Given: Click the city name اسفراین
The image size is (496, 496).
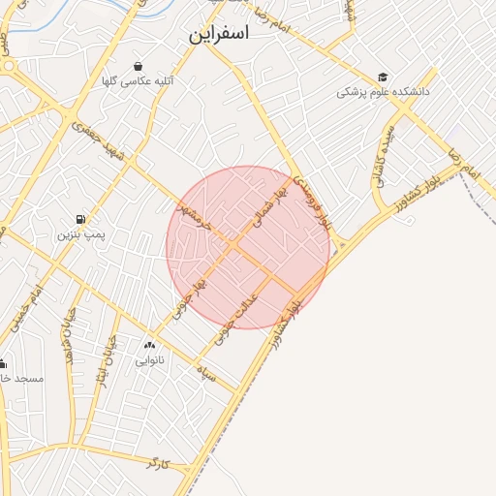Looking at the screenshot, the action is (218, 35).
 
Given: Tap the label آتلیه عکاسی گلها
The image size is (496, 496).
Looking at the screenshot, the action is (142, 81).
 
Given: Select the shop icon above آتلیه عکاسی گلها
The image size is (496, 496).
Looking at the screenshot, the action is (142, 66).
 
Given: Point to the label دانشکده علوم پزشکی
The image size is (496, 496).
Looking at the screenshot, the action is (383, 92).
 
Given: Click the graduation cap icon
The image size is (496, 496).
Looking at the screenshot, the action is (383, 77).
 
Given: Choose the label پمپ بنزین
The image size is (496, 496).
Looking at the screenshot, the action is (78, 234).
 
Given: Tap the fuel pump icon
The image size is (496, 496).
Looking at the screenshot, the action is (78, 219).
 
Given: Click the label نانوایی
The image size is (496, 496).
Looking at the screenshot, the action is (149, 360).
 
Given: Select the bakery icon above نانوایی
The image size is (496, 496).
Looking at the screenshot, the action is (149, 345).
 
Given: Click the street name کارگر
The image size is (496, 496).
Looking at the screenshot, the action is (156, 463).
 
